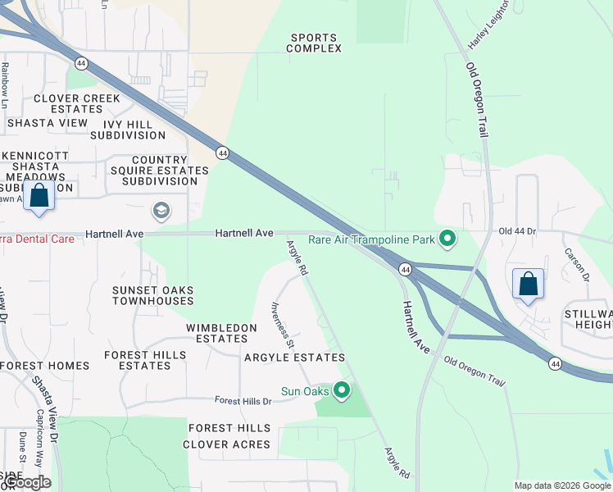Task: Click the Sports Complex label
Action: [314, 43]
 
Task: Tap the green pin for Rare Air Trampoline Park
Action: [447, 239]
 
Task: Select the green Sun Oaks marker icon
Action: [342, 390]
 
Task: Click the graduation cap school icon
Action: [161, 211]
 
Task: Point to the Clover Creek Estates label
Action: [77, 103]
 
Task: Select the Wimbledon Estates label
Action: [221, 333]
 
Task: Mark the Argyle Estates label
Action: [294, 358]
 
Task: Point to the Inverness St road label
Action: [282, 324]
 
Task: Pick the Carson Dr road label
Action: [577, 262]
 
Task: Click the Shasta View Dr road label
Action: [47, 402]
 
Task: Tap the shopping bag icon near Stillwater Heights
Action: [529, 284]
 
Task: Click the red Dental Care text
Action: [37, 239]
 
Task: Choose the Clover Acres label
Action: [226, 444]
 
